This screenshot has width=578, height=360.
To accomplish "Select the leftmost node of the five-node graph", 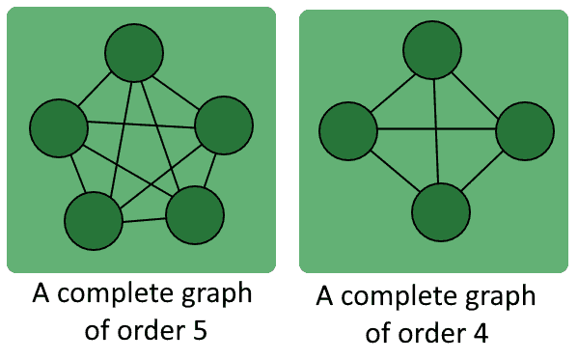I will [59, 126].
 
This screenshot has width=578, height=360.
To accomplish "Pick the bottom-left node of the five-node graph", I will [94, 221].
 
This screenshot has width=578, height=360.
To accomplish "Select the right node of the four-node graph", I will [525, 130].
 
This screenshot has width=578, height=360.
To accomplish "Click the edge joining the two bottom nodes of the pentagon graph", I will [144, 218].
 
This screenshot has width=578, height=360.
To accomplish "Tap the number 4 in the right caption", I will [480, 332].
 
